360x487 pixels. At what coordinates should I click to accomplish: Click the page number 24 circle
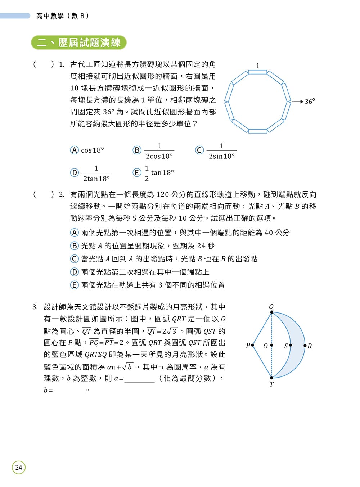[19, 467]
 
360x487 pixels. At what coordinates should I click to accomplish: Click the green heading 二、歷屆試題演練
[79, 42]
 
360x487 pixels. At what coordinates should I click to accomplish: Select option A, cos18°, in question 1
[87, 150]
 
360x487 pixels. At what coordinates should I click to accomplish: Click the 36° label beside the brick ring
[310, 102]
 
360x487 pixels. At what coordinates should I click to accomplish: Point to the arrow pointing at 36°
[297, 102]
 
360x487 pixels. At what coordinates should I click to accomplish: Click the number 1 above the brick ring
[257, 66]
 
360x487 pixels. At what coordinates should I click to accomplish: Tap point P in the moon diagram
[252, 345]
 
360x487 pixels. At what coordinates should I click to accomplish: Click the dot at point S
[291, 345]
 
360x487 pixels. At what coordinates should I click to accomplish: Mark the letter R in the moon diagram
[310, 346]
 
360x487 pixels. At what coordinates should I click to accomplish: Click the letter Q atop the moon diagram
[271, 306]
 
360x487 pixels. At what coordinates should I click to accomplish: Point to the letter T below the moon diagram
[271, 384]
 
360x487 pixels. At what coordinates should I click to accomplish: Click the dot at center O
[271, 345]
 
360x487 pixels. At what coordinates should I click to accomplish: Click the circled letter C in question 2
[74, 259]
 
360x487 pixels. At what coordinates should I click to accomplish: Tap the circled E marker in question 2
[74, 285]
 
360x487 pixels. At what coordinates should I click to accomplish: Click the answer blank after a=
[139, 379]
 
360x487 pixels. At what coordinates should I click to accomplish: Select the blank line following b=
[69, 391]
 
